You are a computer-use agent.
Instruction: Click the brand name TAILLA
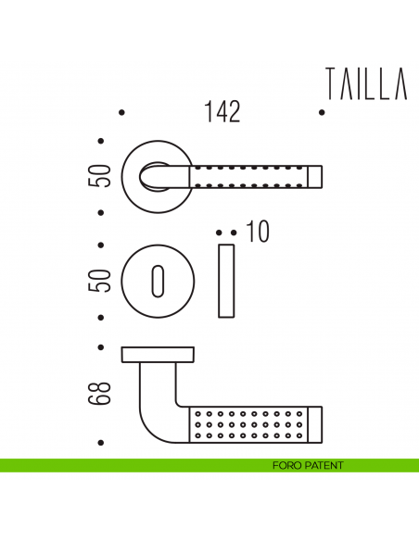pyautogui.click(x=367, y=84)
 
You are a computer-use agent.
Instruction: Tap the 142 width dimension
pyautogui.click(x=222, y=113)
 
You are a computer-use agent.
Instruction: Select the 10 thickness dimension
pyautogui.click(x=258, y=233)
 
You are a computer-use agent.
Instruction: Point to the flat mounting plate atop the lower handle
pyautogui.click(x=158, y=353)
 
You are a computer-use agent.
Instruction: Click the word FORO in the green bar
pyautogui.click(x=288, y=465)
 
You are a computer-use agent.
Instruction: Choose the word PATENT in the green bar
pyautogui.click(x=324, y=465)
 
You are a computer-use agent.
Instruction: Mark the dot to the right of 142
pyautogui.click(x=321, y=113)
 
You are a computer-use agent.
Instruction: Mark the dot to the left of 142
pyautogui.click(x=122, y=113)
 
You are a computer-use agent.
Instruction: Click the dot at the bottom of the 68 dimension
pyautogui.click(x=102, y=443)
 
